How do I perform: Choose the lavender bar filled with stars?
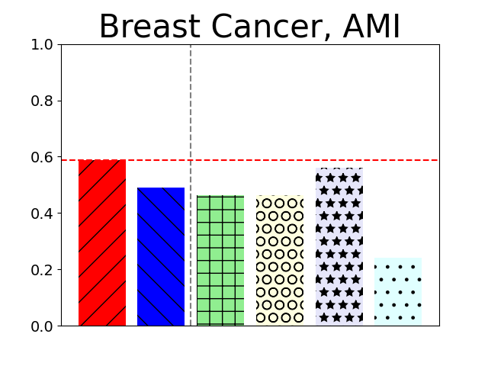[339, 247]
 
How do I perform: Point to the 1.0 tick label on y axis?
[41, 45]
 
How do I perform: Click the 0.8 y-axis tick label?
[41, 101]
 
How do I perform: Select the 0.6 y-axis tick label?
[41, 157]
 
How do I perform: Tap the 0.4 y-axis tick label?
[41, 213]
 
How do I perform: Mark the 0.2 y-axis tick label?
[41, 270]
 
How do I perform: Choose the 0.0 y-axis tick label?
[41, 326]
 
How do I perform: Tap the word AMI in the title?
[371, 27]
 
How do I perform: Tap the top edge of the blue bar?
[161, 188]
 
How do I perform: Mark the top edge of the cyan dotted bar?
[398, 258]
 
